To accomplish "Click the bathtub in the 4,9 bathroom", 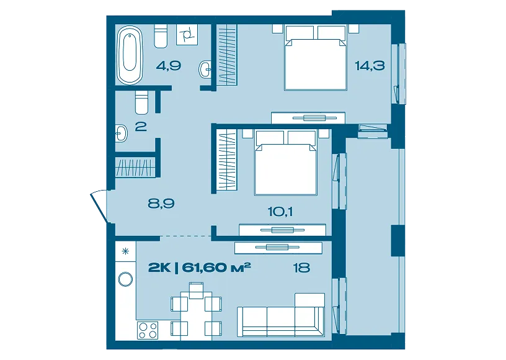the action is [130, 55].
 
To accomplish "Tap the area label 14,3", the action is [370, 66].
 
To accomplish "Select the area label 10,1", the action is [280, 212].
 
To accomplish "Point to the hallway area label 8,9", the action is [161, 204].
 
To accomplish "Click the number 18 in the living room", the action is [301, 268].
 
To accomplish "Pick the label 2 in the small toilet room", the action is [141, 126].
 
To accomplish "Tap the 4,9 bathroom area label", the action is [169, 66].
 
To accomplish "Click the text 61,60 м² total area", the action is [216, 268].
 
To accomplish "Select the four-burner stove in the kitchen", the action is [148, 330].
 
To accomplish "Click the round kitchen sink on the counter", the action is [125, 279].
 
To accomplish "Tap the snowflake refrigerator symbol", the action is [125, 251].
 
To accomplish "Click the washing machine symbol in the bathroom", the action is [187, 35].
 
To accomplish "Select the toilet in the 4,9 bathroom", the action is [161, 36].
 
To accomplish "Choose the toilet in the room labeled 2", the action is [141, 102].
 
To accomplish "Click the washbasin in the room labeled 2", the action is [122, 133].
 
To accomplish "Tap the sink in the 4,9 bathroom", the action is [205, 69].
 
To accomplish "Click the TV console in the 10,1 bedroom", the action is [282, 230].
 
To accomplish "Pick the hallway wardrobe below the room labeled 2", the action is [136, 167].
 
